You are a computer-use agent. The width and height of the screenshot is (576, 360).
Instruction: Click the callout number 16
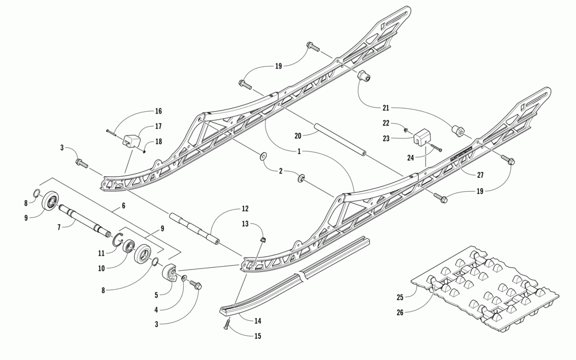pyautogui.click(x=158, y=111)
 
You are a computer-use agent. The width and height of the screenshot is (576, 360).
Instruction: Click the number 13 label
pyautogui.click(x=245, y=224)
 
